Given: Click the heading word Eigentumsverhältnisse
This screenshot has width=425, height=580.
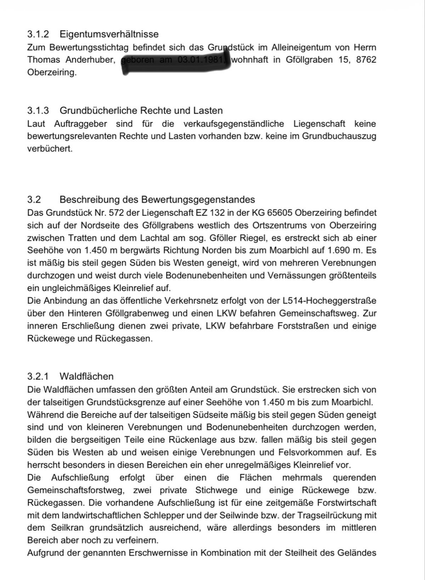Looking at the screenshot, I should pos(109,34).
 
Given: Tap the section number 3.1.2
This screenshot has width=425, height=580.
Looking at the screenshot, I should pos(38,34).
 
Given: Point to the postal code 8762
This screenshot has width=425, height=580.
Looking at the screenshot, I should pos(366,60).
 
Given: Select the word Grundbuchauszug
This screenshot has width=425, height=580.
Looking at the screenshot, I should pos(339,136).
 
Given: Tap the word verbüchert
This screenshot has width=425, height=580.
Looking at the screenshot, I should pos(50,149).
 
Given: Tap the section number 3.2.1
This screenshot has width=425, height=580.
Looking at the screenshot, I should pos(38,376).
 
